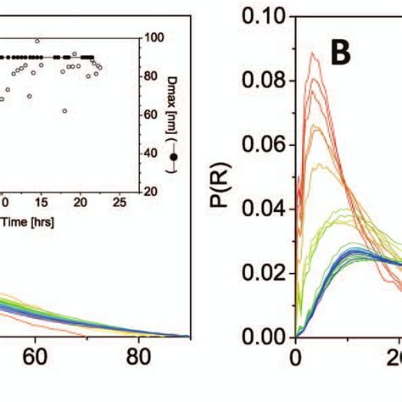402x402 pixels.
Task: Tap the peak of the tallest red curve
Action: click(313, 53)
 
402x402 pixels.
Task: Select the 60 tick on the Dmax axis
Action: click(153, 114)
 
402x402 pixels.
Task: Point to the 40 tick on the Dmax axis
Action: click(153, 153)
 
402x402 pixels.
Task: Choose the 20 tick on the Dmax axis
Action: click(153, 192)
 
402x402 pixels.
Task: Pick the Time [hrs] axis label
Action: click(22, 221)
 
